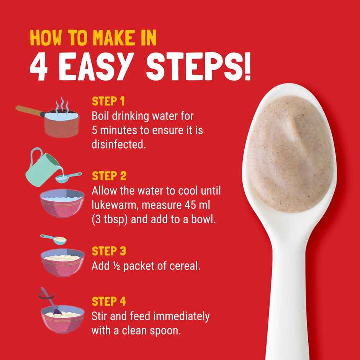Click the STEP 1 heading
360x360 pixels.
(108, 101)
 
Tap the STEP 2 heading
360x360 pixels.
(109, 176)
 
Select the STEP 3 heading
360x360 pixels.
(109, 251)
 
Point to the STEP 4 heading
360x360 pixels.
(109, 301)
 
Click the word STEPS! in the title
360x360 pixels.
(199, 67)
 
